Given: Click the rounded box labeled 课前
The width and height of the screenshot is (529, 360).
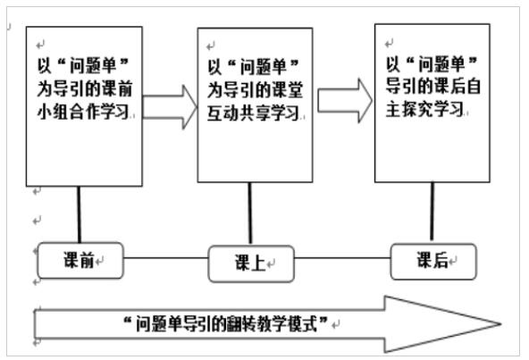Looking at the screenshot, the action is coord(80,261).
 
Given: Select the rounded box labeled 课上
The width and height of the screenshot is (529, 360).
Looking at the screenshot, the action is coord(251,264).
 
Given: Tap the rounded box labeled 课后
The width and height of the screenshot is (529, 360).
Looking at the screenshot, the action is coord(433,262).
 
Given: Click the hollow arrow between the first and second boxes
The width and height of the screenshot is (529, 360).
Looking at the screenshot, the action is coord(170,107).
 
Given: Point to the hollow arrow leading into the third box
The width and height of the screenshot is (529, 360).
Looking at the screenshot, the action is coord(345,101).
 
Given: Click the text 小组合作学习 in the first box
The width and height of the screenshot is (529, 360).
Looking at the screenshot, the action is coord(83,112).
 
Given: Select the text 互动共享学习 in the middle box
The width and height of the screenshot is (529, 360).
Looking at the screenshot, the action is coord(254,113).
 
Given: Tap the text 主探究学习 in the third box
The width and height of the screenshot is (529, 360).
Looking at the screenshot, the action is coord(424,109).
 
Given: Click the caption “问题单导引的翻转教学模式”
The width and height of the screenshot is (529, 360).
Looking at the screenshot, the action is coord(225,324).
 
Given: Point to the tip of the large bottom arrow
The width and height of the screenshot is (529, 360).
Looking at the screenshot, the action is coord(501,324).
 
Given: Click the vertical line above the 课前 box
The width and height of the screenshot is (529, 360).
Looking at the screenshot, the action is coord(79,214).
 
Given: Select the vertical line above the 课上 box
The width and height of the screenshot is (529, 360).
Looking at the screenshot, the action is coord(250,213).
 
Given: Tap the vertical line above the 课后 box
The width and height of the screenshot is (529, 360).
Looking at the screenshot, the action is coord(432,212).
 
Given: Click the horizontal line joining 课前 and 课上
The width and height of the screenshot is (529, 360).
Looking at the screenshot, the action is coord(165,258).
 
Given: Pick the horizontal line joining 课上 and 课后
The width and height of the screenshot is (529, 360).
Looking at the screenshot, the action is coord(342,258).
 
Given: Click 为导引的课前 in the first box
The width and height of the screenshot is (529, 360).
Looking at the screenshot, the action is coord(84,88).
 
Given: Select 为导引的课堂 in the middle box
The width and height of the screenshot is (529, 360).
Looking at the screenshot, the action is coord(255,90).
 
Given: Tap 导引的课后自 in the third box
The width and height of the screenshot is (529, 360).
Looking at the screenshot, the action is coord(433,86).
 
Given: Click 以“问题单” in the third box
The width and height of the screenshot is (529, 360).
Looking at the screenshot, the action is coord(432,64).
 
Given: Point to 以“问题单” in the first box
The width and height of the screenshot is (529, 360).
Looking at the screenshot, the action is coord(82,66).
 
